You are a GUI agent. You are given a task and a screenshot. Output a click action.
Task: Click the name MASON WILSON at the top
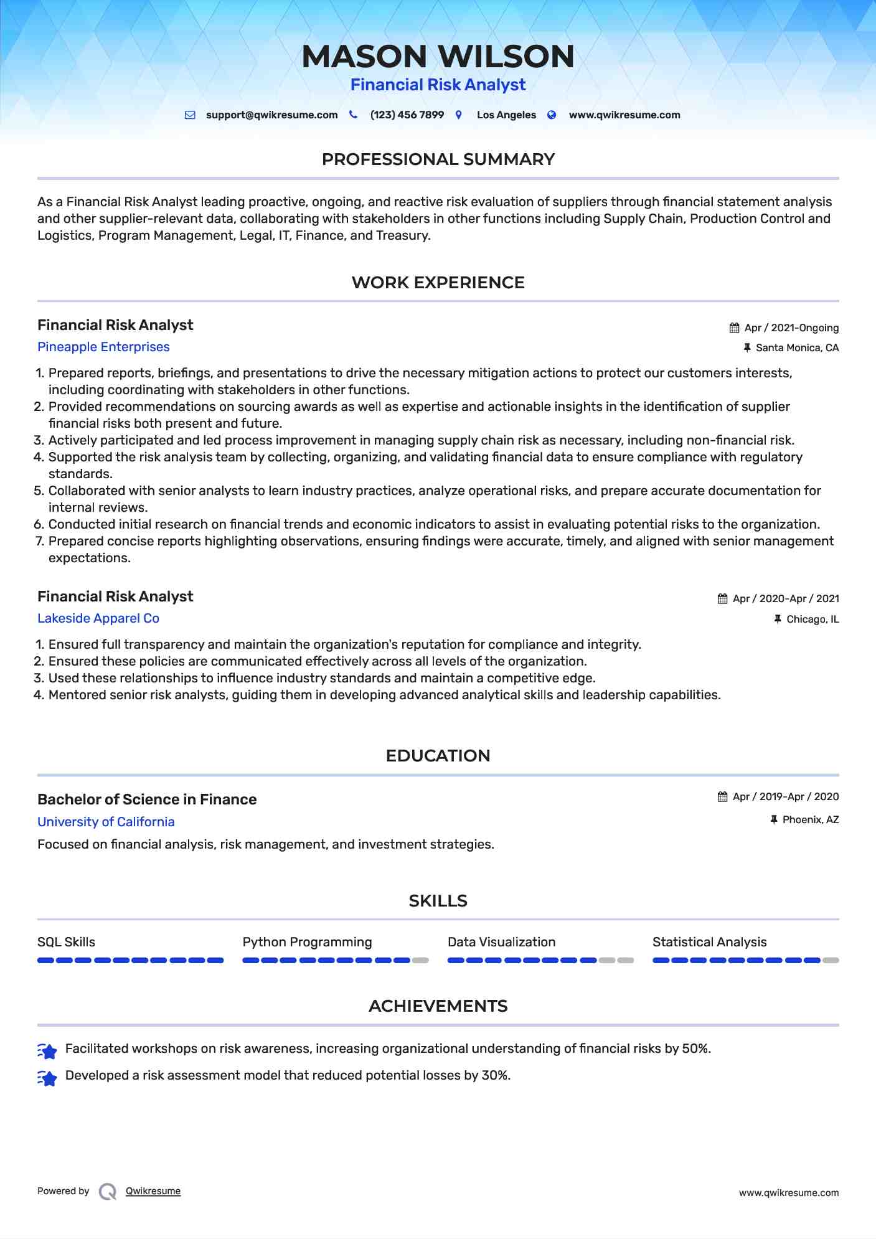click(438, 56)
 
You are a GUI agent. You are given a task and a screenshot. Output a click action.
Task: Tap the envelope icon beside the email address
click(191, 115)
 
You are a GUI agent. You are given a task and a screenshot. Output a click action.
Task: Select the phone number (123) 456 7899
click(407, 115)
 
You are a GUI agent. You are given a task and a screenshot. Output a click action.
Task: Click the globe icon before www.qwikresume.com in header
click(552, 115)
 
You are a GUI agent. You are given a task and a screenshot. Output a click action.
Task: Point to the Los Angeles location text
click(506, 115)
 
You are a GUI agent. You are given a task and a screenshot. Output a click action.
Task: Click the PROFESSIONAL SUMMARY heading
click(438, 159)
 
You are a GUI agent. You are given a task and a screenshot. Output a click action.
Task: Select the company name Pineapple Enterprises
click(103, 347)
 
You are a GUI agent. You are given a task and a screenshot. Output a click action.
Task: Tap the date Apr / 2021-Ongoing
click(791, 328)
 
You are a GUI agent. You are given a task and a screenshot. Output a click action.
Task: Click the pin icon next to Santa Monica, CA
click(747, 348)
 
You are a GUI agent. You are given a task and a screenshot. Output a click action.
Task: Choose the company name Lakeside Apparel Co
click(98, 618)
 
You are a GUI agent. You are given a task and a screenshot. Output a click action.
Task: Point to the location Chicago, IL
click(812, 619)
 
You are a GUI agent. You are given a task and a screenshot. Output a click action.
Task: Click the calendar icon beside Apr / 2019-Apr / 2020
click(722, 797)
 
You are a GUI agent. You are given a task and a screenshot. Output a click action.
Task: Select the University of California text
click(106, 822)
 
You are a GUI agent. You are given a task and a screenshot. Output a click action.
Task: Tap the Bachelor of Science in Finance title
click(147, 799)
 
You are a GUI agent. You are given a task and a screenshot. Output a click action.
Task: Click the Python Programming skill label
click(307, 942)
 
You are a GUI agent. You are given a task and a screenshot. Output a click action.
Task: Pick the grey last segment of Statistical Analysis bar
click(831, 961)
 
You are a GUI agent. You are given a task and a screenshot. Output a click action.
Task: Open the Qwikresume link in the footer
click(153, 1191)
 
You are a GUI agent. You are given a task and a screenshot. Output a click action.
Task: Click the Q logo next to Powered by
click(108, 1192)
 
